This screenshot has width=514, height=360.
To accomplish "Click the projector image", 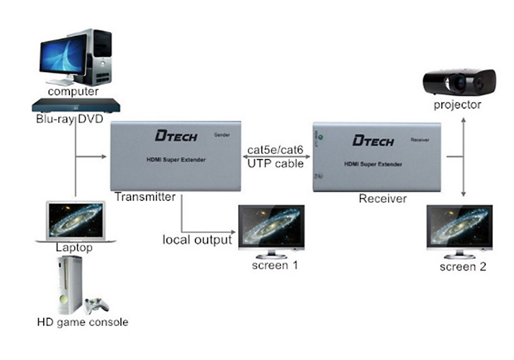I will (x=459, y=82).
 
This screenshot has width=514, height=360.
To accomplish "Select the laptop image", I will (x=76, y=222).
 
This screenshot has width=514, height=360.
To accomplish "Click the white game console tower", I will (x=70, y=285).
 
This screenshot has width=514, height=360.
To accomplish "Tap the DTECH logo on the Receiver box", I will (x=373, y=140).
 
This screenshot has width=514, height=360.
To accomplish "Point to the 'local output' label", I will (x=197, y=240).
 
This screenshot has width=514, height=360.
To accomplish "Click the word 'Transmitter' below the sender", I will (x=145, y=197).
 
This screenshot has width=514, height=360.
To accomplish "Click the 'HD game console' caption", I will (x=83, y=322).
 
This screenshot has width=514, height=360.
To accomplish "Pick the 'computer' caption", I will (x=73, y=92).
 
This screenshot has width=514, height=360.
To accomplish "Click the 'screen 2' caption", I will (x=463, y=266).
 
